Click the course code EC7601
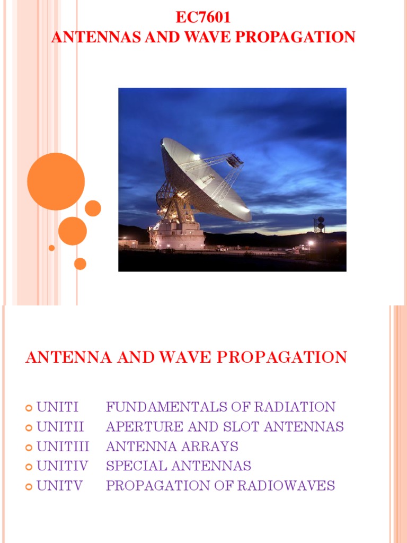pos(203,17)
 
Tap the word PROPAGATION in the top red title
pos(305,37)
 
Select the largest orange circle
pos(56,181)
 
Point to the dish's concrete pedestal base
pos(178,237)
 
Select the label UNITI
pos(57,407)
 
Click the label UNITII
pos(60,427)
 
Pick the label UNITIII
pos(63,446)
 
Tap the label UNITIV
pos(62,466)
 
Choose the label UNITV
pos(59,486)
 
